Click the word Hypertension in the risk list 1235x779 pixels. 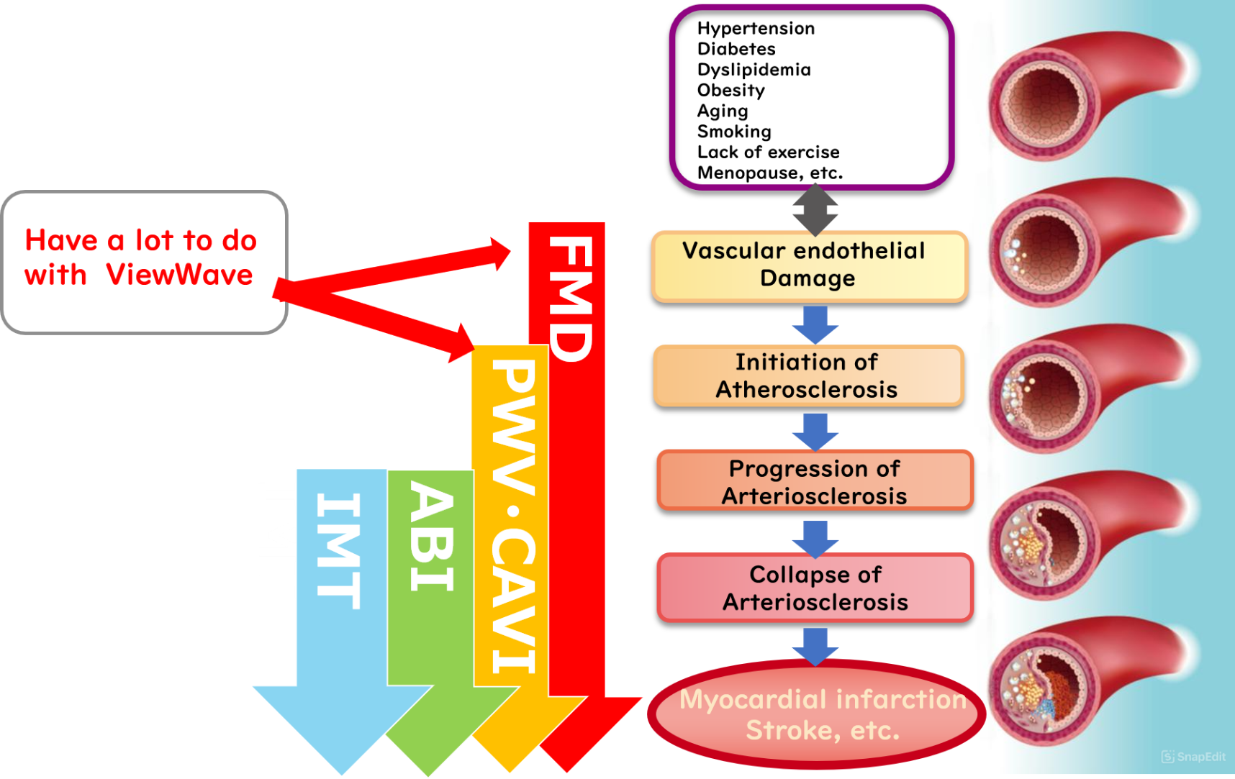756,29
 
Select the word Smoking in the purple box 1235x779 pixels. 733,132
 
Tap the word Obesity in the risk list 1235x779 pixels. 730,91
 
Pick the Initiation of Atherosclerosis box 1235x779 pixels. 807,376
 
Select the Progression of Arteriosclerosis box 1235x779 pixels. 815,482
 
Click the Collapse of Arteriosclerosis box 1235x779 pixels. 815,588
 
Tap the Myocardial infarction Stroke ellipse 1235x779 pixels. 817,714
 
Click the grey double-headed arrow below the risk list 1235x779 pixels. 815,210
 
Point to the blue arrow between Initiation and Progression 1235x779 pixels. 815,430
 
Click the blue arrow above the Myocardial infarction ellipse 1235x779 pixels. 815,644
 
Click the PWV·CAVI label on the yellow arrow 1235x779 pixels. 514,515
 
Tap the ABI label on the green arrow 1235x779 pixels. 431,536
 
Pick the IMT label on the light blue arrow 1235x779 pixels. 338,550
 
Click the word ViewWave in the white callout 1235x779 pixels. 179,275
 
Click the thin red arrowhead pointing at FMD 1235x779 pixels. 500,253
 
